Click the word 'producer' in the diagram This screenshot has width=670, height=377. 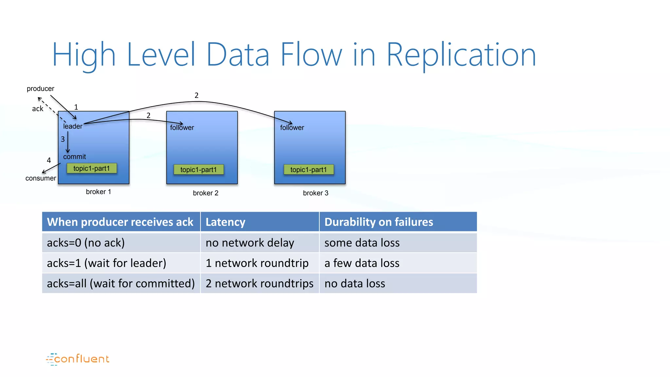pos(40,89)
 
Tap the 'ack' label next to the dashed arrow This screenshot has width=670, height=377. pos(37,109)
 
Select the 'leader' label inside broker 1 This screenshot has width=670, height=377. pos(73,126)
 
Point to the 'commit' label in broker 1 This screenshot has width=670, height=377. pos(75,157)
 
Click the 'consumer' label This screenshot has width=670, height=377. pos(41,178)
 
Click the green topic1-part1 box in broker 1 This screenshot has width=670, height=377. pos(92,169)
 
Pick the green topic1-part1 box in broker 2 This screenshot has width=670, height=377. pos(199,170)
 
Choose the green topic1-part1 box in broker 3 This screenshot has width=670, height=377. pos(309,170)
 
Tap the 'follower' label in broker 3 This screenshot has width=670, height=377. pos(292,128)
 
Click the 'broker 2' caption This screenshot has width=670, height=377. pos(205,193)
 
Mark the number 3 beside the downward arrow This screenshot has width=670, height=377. pos(62,139)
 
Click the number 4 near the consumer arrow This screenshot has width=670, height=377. pos(49,160)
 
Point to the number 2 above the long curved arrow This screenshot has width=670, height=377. pos(196,95)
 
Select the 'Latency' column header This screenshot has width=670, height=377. pos(225,222)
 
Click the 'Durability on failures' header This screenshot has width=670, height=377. pos(379,222)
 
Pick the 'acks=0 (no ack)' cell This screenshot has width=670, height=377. pos(86,243)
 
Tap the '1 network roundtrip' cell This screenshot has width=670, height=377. pos(257,263)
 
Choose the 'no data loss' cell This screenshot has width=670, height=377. pos(355,283)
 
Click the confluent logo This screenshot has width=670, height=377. pos(78,359)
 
